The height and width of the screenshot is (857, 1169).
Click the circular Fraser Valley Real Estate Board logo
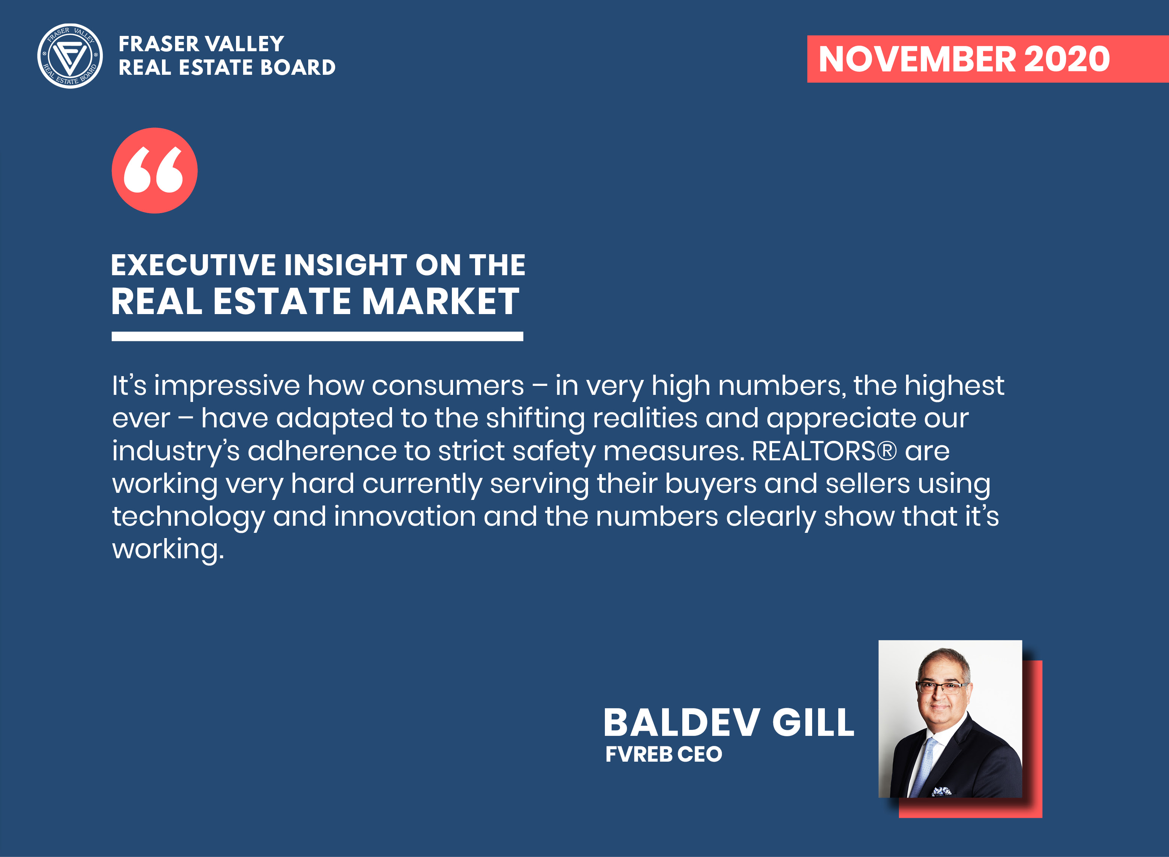tap(70, 56)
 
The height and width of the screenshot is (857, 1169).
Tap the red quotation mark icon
tap(154, 171)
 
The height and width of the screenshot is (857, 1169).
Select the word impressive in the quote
tap(227, 387)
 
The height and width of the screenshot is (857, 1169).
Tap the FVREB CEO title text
tap(664, 754)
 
